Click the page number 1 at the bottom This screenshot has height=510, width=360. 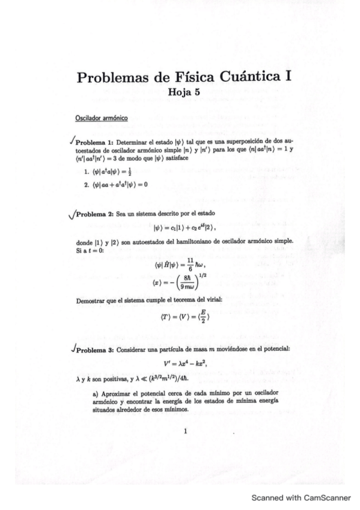(x=186, y=431)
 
